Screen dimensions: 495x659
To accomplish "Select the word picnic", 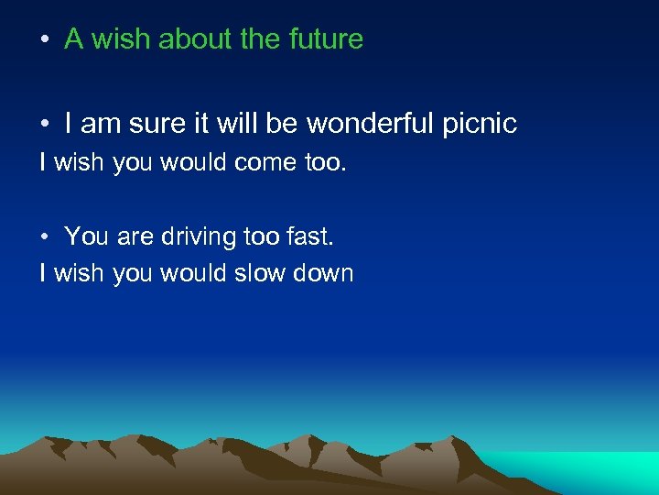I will pyautogui.click(x=481, y=123).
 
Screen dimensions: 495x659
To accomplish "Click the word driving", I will pyautogui.click(x=200, y=236).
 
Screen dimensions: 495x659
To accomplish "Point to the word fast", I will pyautogui.click(x=312, y=236).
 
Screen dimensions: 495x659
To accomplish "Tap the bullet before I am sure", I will pyautogui.click(x=44, y=124).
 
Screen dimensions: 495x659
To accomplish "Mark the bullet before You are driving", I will pyautogui.click(x=44, y=237).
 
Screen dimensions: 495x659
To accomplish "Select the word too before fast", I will pyautogui.click(x=263, y=236).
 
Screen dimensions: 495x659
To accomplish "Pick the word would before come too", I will pyautogui.click(x=192, y=163).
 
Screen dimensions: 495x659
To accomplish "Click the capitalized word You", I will pyautogui.click(x=87, y=236).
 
